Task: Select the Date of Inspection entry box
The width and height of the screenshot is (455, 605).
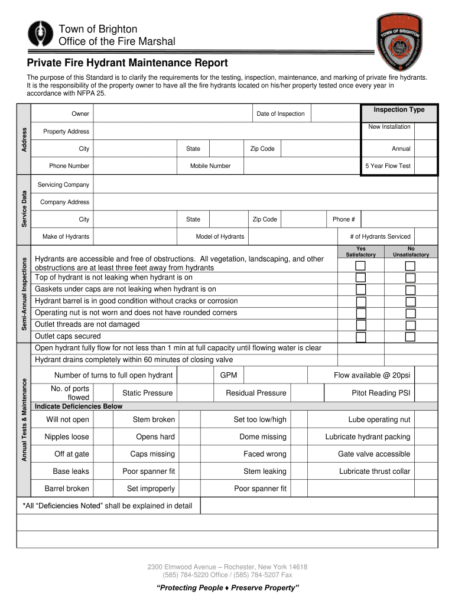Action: tap(334, 113)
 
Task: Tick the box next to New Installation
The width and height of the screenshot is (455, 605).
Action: tap(425, 132)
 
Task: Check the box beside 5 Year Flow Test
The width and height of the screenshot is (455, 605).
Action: tap(425, 166)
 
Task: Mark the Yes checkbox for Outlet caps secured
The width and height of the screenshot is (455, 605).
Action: tap(360, 337)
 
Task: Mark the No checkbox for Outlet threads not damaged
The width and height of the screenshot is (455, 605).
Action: tap(410, 325)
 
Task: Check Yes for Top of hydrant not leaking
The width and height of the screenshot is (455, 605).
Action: tap(360, 278)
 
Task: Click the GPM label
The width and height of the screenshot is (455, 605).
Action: tap(229, 375)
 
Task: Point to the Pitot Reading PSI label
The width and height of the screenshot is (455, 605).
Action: tap(381, 393)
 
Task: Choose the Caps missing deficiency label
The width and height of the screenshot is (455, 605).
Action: tap(152, 454)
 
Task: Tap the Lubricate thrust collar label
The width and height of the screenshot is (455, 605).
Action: tap(374, 471)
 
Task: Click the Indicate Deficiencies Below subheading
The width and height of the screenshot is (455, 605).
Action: tap(79, 406)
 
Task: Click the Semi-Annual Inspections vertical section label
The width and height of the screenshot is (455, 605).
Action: tap(24, 294)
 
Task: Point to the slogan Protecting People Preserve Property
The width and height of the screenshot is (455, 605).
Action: tap(227, 588)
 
